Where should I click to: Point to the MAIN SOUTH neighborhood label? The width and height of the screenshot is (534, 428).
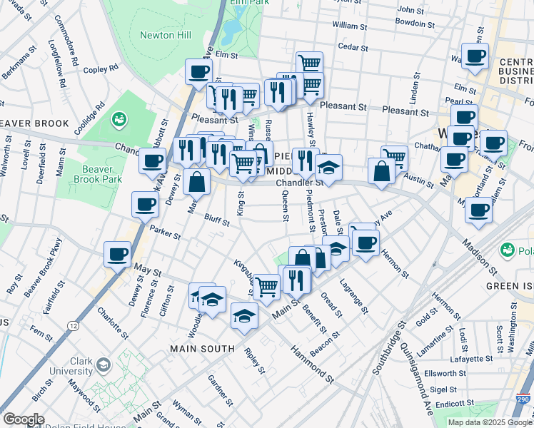click(x=201, y=348)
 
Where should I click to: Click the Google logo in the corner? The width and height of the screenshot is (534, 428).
click(x=23, y=419)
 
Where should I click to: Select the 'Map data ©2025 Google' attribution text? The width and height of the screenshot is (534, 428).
click(x=490, y=422)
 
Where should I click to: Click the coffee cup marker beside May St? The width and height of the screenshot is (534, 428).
click(x=118, y=255)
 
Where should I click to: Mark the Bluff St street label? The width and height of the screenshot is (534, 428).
click(x=216, y=220)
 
